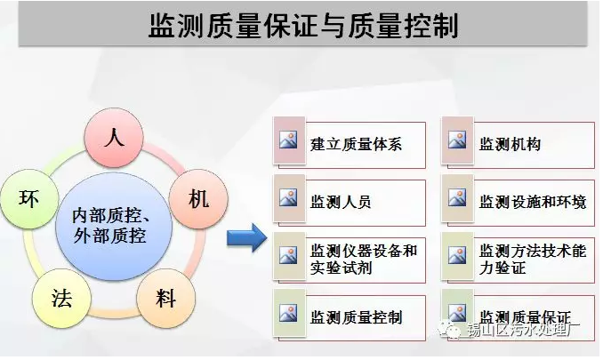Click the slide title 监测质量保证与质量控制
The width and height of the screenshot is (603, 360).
(x=302, y=26)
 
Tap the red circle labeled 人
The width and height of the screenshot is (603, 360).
(x=113, y=139)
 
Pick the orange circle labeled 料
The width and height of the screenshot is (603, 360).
(x=166, y=298)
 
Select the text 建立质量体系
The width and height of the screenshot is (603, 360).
(x=356, y=143)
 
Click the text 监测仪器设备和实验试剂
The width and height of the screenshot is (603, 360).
(x=364, y=258)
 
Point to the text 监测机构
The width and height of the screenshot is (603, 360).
(x=510, y=143)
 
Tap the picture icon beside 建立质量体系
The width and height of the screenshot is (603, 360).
(x=287, y=140)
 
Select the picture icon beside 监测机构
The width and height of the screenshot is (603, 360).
(x=457, y=140)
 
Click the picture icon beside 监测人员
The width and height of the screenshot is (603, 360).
(x=287, y=197)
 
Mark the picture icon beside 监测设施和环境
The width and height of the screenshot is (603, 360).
(x=457, y=197)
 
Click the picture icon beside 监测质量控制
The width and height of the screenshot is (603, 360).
(x=287, y=313)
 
